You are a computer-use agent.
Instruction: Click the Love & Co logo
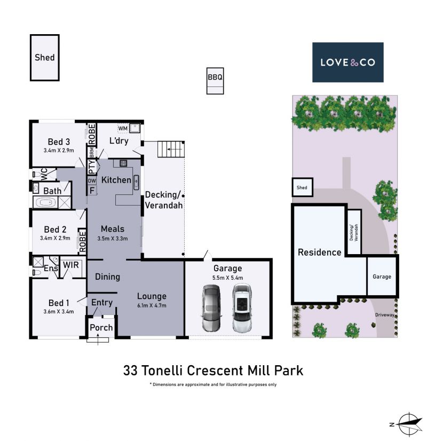347,62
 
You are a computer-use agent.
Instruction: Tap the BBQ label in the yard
215,77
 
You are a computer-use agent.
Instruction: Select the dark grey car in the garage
211,308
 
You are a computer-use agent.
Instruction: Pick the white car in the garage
242,308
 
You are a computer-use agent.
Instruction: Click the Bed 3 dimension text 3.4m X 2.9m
59,151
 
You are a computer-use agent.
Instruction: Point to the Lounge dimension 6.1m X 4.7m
152,305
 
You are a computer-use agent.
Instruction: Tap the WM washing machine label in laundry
123,128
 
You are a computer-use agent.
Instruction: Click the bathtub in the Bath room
45,202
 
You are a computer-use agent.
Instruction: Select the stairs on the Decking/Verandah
171,149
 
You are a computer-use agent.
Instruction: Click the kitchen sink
136,182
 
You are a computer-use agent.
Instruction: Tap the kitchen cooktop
123,163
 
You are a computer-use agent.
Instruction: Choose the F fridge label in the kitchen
92,191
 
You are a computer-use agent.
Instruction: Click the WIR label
71,265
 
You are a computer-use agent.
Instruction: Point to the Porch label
101,327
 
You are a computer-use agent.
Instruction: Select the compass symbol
408,424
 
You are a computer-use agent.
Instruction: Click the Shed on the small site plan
302,187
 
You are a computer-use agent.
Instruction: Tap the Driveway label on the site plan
384,315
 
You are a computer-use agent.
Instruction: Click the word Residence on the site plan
320,253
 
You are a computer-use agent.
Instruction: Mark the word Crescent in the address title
215,371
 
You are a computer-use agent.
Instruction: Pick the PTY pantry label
92,167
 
